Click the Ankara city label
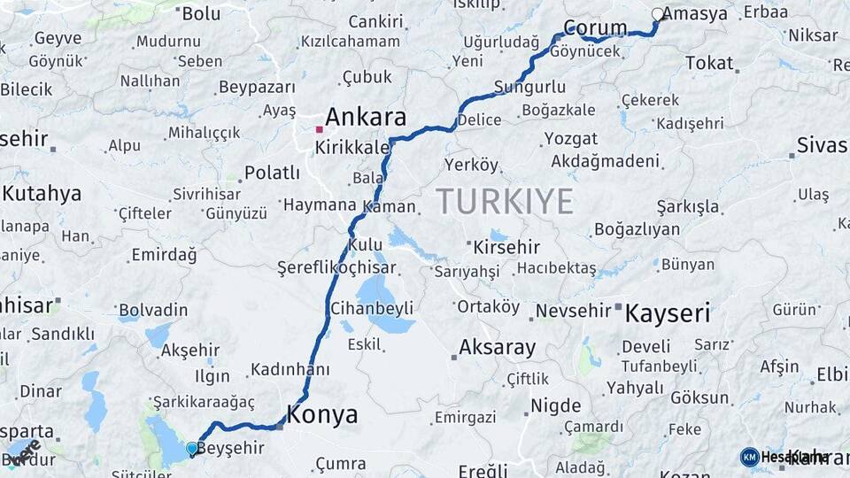coord(366,117)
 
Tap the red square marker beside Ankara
coord(319,129)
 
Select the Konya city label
coord(321,414)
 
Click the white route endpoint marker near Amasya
coord(657,14)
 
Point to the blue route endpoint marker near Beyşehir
coord(192,449)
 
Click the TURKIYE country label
coord(505,202)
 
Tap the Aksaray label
coord(497,347)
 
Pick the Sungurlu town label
coord(529,87)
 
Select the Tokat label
coord(709,63)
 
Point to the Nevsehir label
coord(573,311)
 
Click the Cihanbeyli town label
coord(371,308)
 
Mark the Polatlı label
coord(272,172)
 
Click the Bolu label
coord(200,13)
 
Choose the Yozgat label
coord(570,139)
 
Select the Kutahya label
coord(42,193)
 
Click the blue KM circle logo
coord(749,457)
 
